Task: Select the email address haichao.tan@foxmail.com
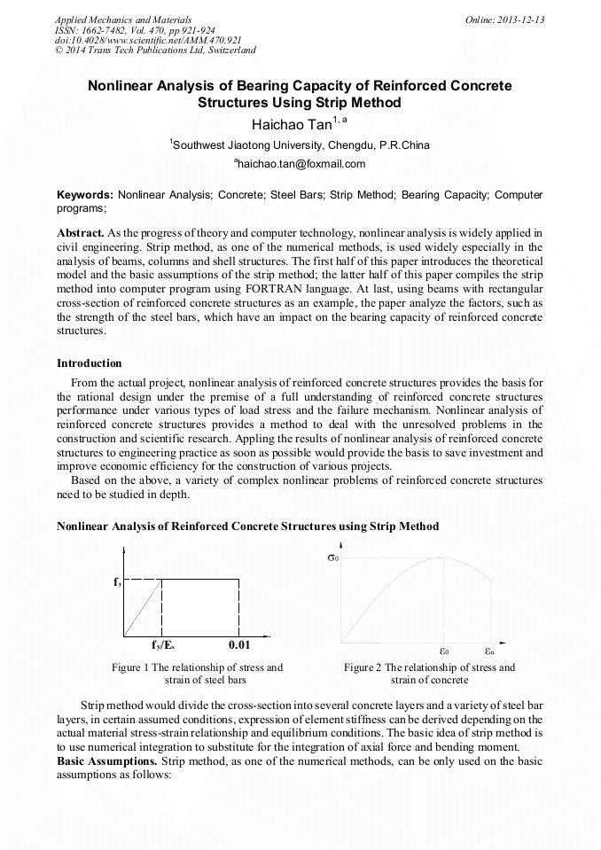tap(300, 164)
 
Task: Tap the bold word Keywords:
tap(85, 194)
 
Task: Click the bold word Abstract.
tap(81, 232)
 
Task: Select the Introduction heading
tap(90, 363)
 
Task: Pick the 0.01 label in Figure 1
tap(239, 645)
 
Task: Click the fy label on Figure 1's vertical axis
tap(118, 582)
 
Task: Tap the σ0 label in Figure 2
tap(333, 558)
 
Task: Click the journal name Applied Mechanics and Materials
tap(123, 19)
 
